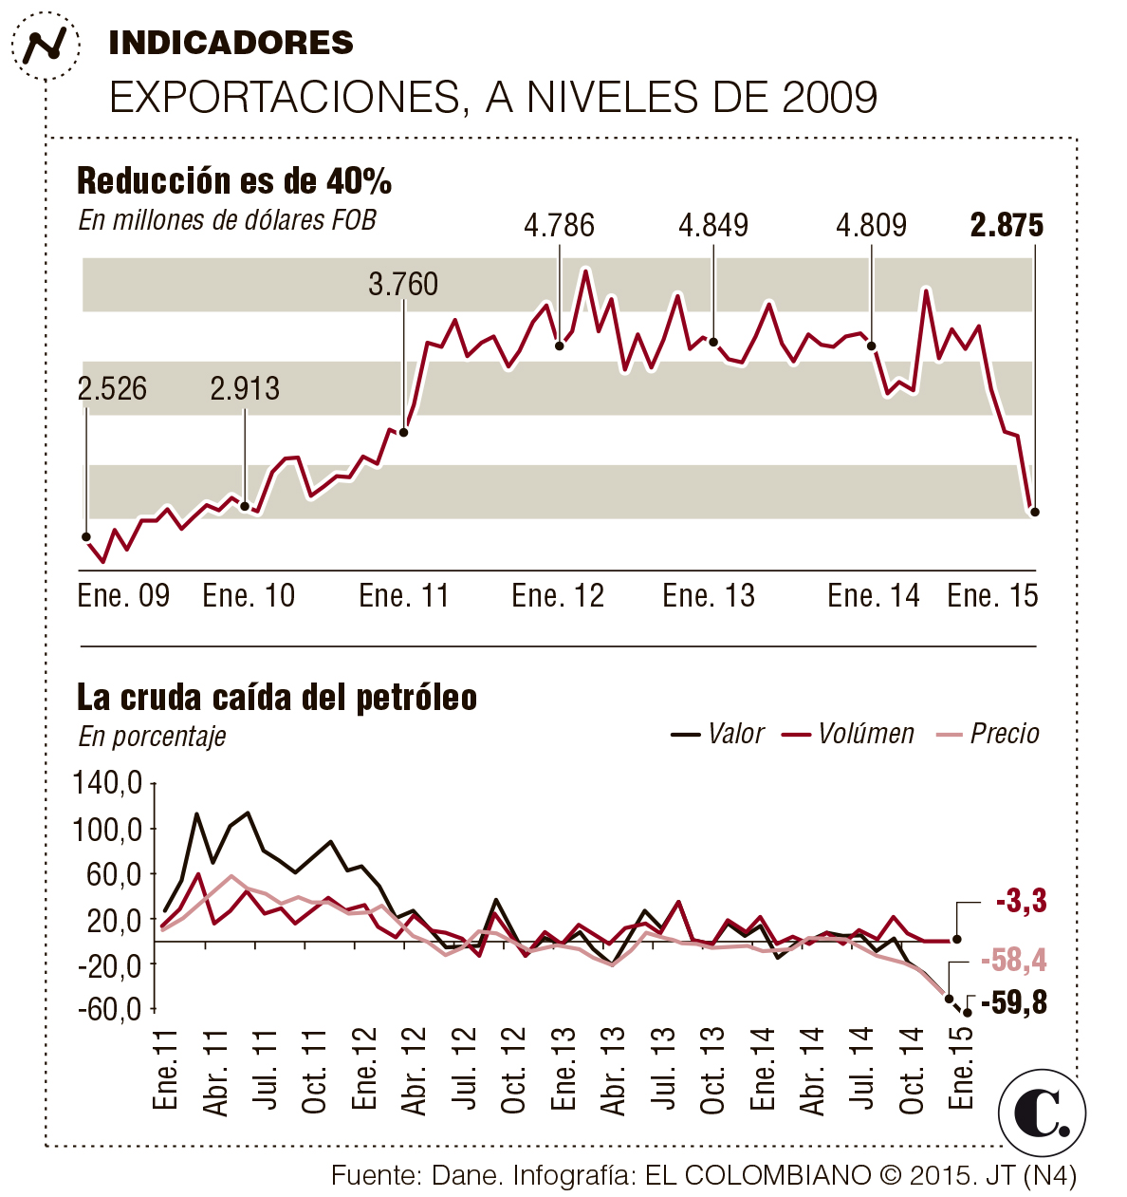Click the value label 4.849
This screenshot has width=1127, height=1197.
(713, 226)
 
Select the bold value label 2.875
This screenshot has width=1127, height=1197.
(1007, 226)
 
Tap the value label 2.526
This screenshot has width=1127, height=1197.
(112, 388)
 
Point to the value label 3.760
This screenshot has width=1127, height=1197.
(403, 284)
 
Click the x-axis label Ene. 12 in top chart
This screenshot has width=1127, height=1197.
(558, 596)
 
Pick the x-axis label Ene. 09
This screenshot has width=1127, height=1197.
(123, 596)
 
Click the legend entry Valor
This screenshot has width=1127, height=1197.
(718, 734)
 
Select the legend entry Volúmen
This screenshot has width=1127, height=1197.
(849, 734)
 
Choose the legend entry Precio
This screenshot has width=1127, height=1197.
(988, 734)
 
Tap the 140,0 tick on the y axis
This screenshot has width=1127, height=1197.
(108, 784)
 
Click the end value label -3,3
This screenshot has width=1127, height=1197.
(1022, 901)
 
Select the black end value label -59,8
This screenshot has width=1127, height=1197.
(1014, 1002)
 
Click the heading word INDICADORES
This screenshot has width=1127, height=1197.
(231, 43)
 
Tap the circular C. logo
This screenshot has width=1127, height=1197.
(1042, 1113)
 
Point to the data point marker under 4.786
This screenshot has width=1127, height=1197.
(560, 346)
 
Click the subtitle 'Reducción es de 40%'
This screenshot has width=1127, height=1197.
(234, 180)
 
